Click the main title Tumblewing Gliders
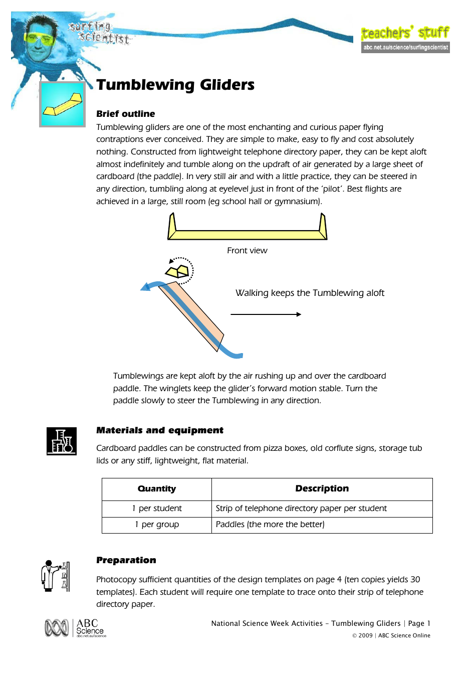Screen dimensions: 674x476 coord(175,85)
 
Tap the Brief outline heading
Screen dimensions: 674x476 coord(126,114)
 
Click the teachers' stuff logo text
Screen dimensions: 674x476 coord(405,33)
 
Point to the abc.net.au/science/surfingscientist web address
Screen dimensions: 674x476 coord(405,48)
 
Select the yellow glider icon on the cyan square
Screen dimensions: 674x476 coord(63,104)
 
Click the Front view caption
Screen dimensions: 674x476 coord(247,250)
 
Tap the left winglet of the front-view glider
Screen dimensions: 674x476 coord(172,226)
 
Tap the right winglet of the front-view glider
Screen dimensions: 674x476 coord(323,226)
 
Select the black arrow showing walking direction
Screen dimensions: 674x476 coord(266,314)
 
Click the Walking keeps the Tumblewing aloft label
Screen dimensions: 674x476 coord(310,293)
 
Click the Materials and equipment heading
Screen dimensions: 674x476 coord(160,430)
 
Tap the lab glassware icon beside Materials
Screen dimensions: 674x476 coord(62,441)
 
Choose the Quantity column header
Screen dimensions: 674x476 coord(157,489)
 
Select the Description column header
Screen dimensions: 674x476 coord(322,488)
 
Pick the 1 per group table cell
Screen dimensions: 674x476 coord(157,525)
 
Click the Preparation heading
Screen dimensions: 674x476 coord(126,560)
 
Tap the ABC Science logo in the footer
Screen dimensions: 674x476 coord(75,628)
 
